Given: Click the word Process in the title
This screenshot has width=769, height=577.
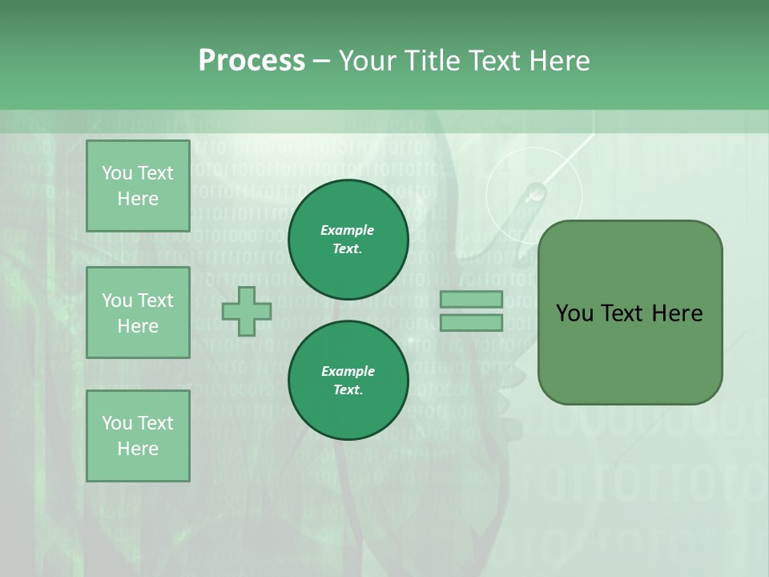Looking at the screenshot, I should coord(252,60).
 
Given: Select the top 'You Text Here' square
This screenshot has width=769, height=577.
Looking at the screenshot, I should coord(138,186).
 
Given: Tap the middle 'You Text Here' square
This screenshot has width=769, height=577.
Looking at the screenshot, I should coord(138,313).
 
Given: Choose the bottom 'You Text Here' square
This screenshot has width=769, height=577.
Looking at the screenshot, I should coord(138,436).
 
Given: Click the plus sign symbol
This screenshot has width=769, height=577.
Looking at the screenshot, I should coord(247,311).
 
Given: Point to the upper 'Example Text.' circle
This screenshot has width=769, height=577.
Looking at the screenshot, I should coord(348,240).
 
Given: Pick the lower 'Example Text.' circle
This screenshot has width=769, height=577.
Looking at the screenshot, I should coord(348,381).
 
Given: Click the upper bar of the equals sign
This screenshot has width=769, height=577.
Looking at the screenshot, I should coord(471,299).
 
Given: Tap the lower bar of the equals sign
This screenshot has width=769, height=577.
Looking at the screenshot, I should coord(471,323).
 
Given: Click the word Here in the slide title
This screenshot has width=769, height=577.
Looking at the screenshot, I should coord(560,60).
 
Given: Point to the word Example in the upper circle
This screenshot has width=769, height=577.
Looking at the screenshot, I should coord(347,230).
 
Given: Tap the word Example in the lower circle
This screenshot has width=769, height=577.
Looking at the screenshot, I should coord(348,371).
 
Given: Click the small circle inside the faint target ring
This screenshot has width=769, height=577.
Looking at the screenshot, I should coord(535,192).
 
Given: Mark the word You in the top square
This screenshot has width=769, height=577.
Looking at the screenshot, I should coord(117,173).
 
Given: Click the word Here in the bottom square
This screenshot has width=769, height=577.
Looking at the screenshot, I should coord(138,449).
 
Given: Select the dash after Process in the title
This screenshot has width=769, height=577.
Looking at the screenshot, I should coord(322,61).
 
